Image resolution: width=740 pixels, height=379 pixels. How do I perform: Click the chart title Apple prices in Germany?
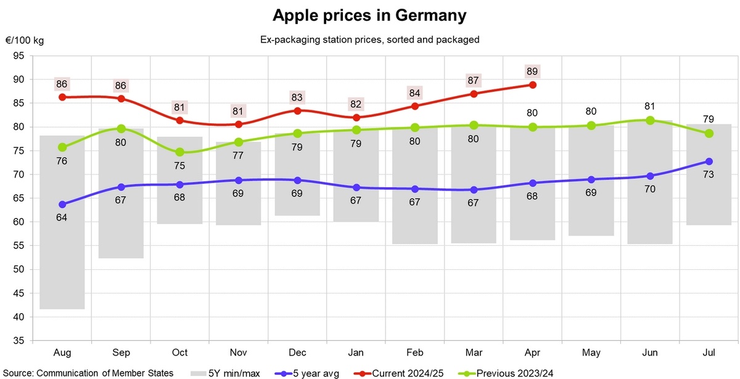[369, 15]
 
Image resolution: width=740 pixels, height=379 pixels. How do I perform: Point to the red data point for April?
[532, 84]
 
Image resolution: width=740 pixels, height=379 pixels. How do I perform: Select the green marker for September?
[121, 129]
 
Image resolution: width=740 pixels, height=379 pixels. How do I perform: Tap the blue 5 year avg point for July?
[709, 161]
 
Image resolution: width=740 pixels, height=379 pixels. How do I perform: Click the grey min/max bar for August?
[62, 222]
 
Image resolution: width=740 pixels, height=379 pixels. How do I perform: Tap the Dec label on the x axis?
[297, 353]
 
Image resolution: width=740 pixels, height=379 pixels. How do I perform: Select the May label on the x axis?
[591, 353]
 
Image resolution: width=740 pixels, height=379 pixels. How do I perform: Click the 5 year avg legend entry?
[306, 372]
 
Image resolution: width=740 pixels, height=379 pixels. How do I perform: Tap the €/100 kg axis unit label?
[25, 40]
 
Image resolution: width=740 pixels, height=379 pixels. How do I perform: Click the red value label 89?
[532, 70]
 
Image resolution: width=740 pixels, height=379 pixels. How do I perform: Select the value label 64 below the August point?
[62, 218]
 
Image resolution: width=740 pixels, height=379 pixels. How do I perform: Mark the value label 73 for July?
[709, 175]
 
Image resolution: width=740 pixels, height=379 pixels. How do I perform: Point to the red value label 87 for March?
[474, 79]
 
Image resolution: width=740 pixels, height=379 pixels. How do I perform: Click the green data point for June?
[650, 120]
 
